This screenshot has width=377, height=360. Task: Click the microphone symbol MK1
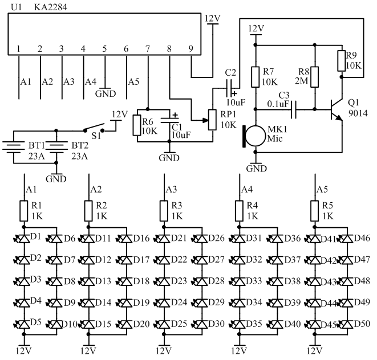click(254, 136)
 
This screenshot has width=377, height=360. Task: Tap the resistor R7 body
click(256, 77)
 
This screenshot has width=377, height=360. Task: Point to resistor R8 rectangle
click(315, 77)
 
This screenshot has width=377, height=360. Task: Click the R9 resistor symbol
click(342, 61)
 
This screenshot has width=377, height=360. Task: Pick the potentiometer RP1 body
click(212, 120)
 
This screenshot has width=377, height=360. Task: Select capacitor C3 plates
click(294, 109)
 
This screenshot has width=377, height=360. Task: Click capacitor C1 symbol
click(169, 120)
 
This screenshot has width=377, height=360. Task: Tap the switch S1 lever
click(94, 127)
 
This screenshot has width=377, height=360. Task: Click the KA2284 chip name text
click(51, 7)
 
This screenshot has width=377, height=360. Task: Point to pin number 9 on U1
click(190, 49)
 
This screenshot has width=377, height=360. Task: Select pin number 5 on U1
click(104, 49)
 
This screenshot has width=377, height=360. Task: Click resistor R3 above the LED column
click(164, 211)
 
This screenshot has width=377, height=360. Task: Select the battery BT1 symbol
click(14, 146)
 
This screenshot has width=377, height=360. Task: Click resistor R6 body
click(137, 125)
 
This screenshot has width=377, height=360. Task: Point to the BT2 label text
click(80, 145)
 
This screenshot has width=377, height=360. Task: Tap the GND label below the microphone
click(256, 169)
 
